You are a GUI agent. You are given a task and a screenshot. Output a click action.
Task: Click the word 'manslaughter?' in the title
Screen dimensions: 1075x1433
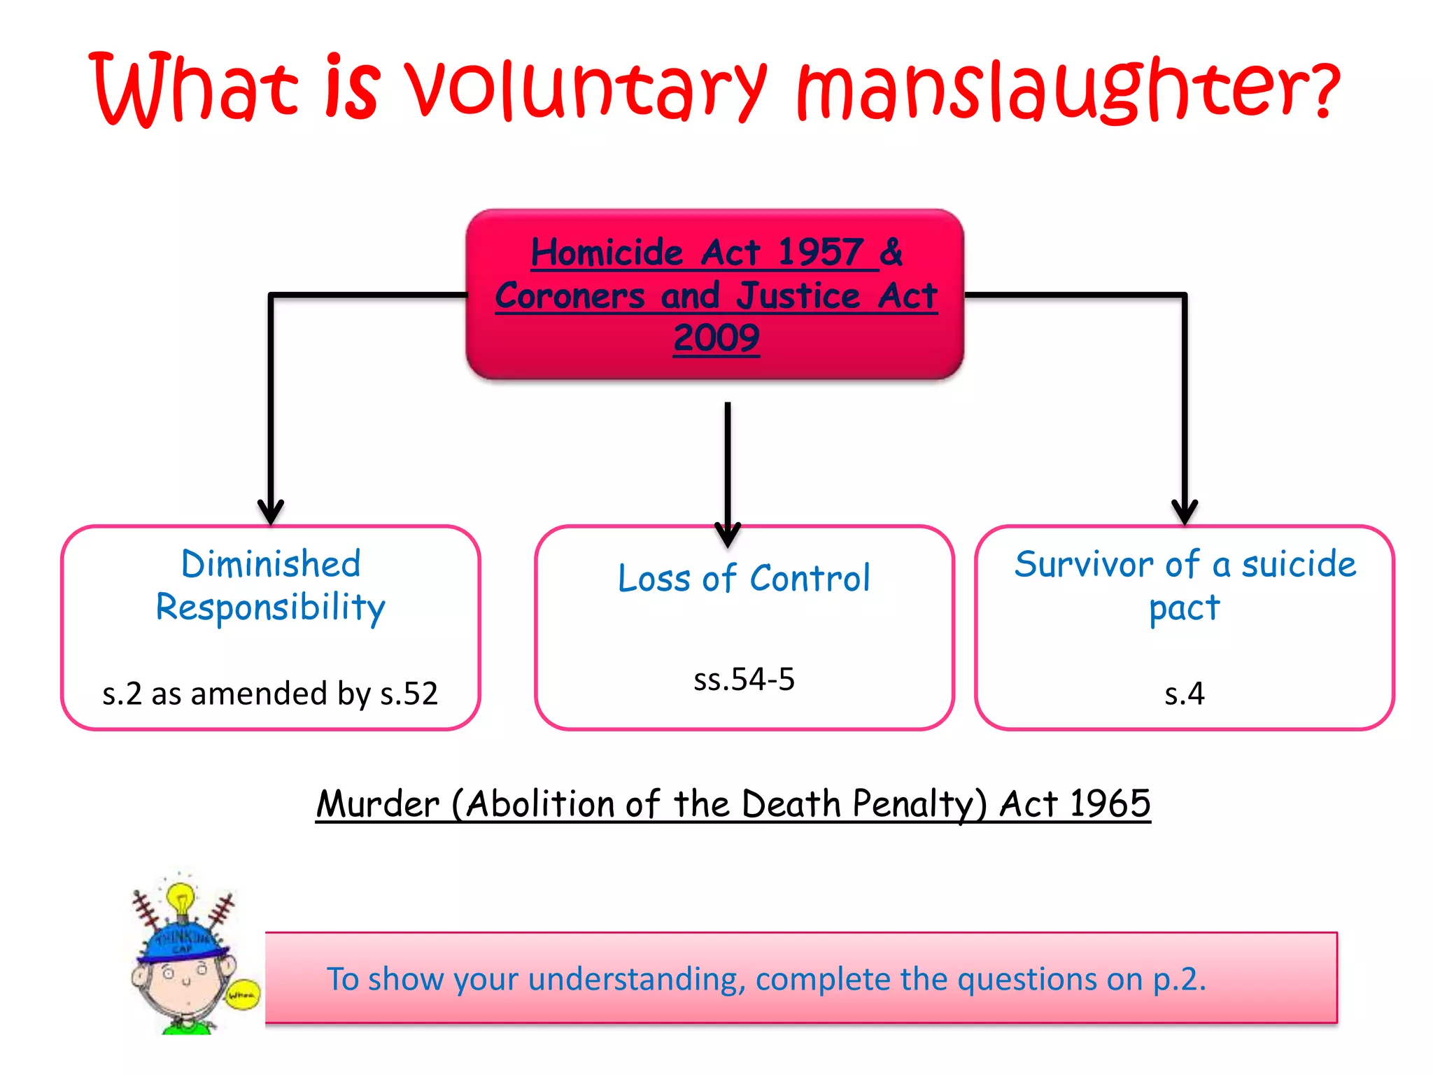1067,91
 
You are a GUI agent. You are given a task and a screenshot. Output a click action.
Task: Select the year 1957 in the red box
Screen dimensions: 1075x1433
820,252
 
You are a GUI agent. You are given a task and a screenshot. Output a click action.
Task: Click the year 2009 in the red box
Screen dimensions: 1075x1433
716,338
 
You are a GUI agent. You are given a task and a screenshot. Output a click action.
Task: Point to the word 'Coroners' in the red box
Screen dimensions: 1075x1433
570,295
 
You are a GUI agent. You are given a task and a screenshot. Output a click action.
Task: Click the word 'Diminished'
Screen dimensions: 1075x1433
271,564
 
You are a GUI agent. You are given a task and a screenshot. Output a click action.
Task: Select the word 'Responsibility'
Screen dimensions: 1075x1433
270,607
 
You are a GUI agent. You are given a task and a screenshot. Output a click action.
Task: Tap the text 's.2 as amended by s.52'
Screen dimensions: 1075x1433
270,694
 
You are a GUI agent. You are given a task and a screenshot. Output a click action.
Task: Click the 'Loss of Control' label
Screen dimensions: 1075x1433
744,579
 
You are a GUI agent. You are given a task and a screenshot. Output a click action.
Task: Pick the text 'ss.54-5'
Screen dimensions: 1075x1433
744,680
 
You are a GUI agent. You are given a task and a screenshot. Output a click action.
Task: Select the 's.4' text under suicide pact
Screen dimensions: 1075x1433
1184,694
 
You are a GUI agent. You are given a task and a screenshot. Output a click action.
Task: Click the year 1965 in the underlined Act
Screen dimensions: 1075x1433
1110,803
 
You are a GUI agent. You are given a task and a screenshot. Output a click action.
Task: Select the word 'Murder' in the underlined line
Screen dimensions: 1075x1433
378,803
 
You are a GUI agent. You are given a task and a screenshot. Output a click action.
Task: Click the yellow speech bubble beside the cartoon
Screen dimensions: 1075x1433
242,994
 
